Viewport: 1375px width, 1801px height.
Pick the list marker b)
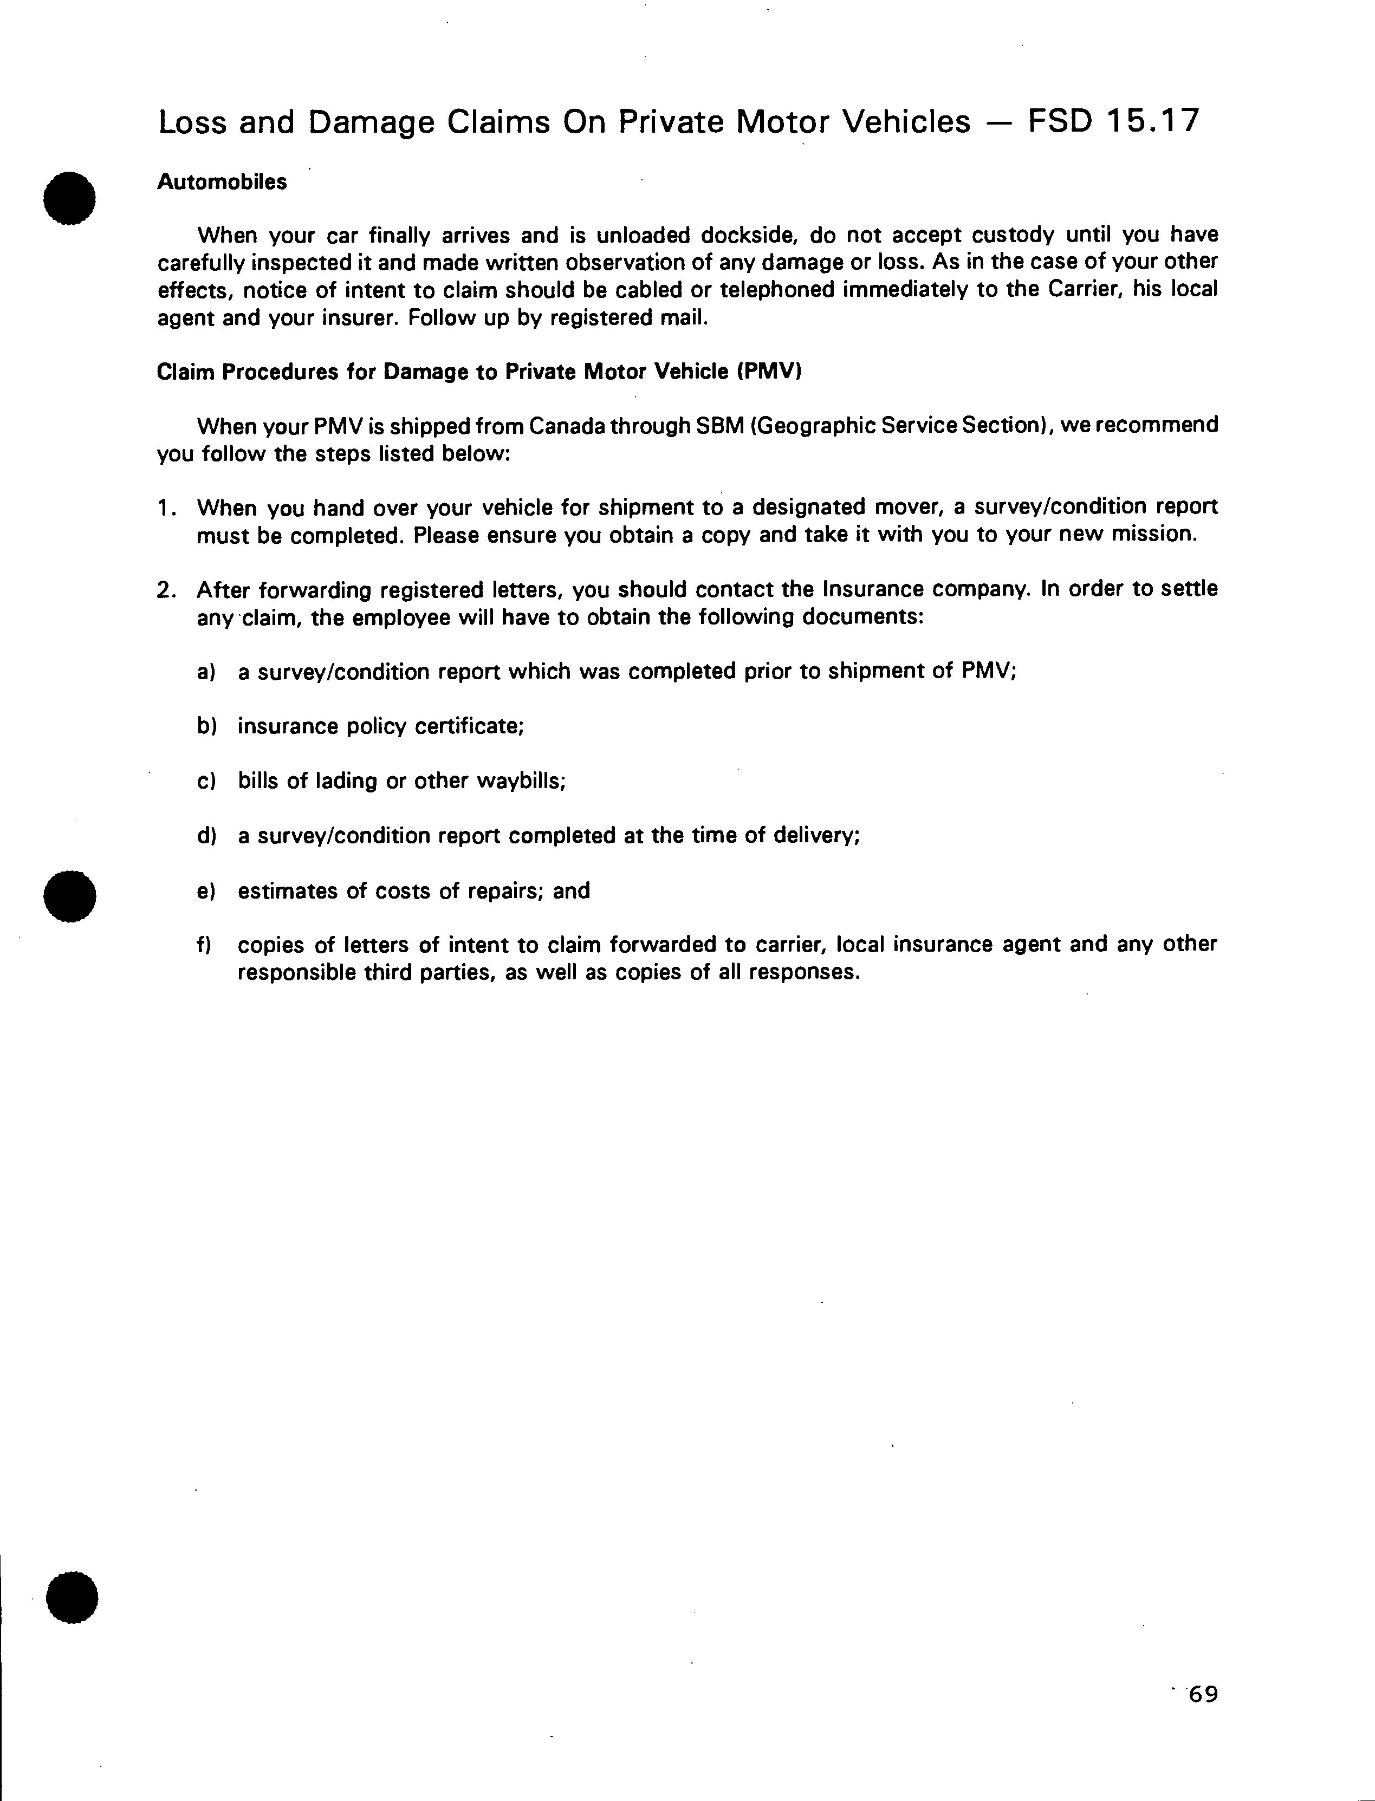tap(206, 726)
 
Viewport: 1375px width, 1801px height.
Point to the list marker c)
tap(206, 782)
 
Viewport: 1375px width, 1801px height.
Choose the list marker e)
tap(206, 891)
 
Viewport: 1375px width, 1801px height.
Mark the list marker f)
tap(205, 945)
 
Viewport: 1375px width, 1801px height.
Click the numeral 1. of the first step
tap(167, 508)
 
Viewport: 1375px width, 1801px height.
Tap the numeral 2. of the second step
tap(167, 590)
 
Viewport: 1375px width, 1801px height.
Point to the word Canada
tap(571, 426)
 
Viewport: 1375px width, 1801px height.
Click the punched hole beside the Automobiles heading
tap(70, 197)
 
